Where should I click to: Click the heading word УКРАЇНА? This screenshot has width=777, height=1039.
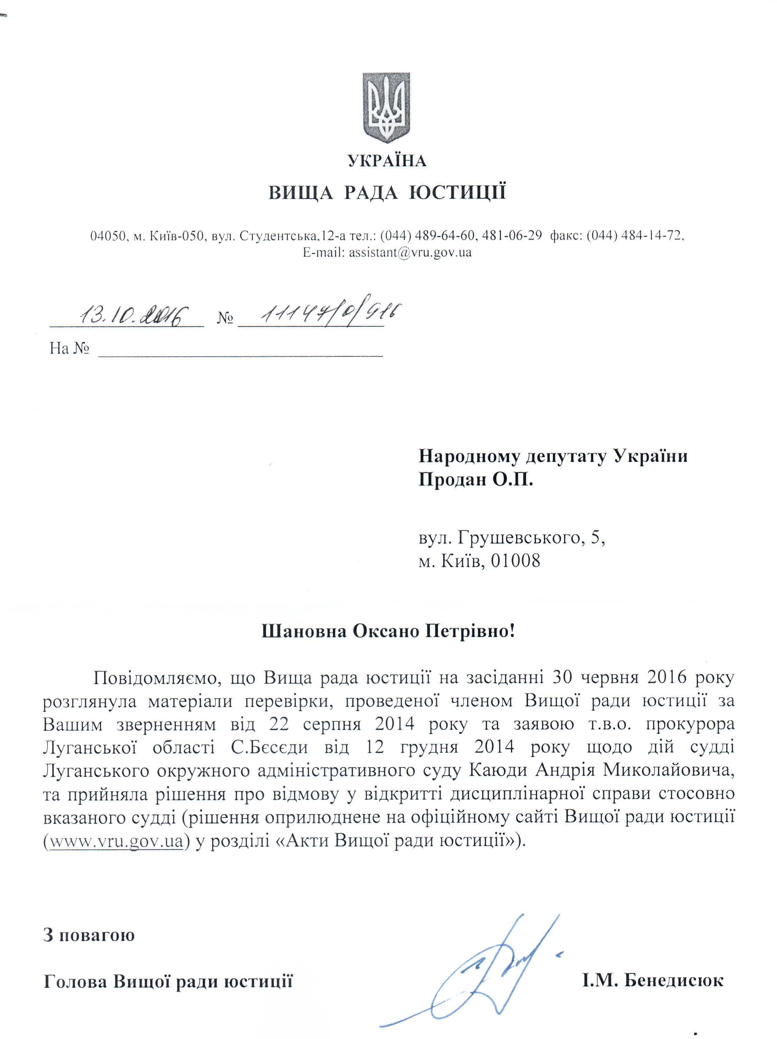[x=387, y=161]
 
